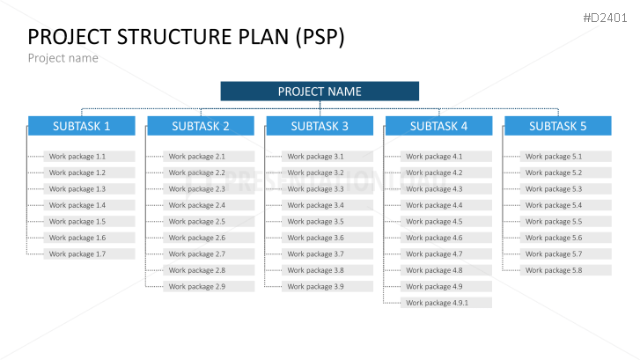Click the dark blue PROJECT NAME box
click(320, 92)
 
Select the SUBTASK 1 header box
click(81, 126)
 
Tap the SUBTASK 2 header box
click(201, 126)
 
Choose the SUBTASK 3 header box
click(320, 126)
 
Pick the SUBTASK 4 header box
click(438, 126)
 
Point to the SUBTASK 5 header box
click(557, 126)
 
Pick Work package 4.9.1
click(447, 303)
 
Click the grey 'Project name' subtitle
click(63, 58)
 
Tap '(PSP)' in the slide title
click(319, 37)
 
